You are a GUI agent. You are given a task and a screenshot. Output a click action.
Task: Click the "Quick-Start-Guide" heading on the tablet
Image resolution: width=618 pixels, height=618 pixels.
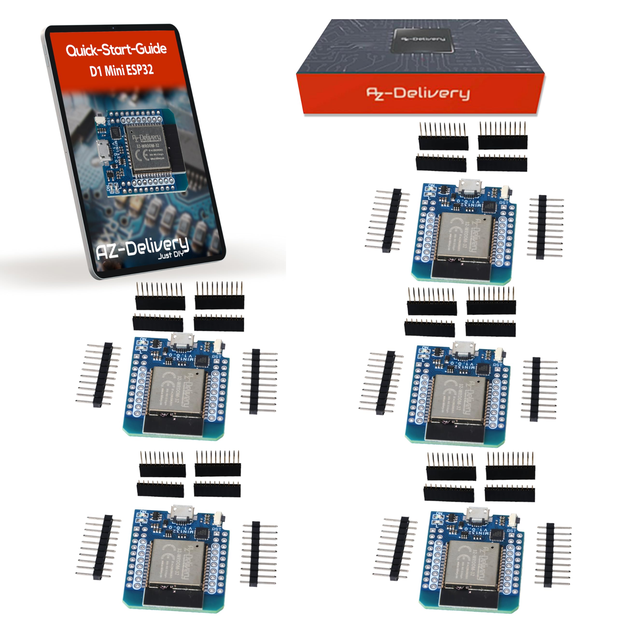coord(116,49)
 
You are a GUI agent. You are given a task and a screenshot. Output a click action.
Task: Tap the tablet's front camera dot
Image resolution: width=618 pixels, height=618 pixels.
coord(113,28)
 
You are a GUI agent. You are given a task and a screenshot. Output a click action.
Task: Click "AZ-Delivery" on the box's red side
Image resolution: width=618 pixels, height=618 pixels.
coord(418,93)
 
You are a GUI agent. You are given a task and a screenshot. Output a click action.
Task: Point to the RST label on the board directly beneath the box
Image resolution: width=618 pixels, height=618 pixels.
coord(504,203)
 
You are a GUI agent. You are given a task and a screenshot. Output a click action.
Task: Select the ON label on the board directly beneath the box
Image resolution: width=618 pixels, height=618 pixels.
coord(431,186)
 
